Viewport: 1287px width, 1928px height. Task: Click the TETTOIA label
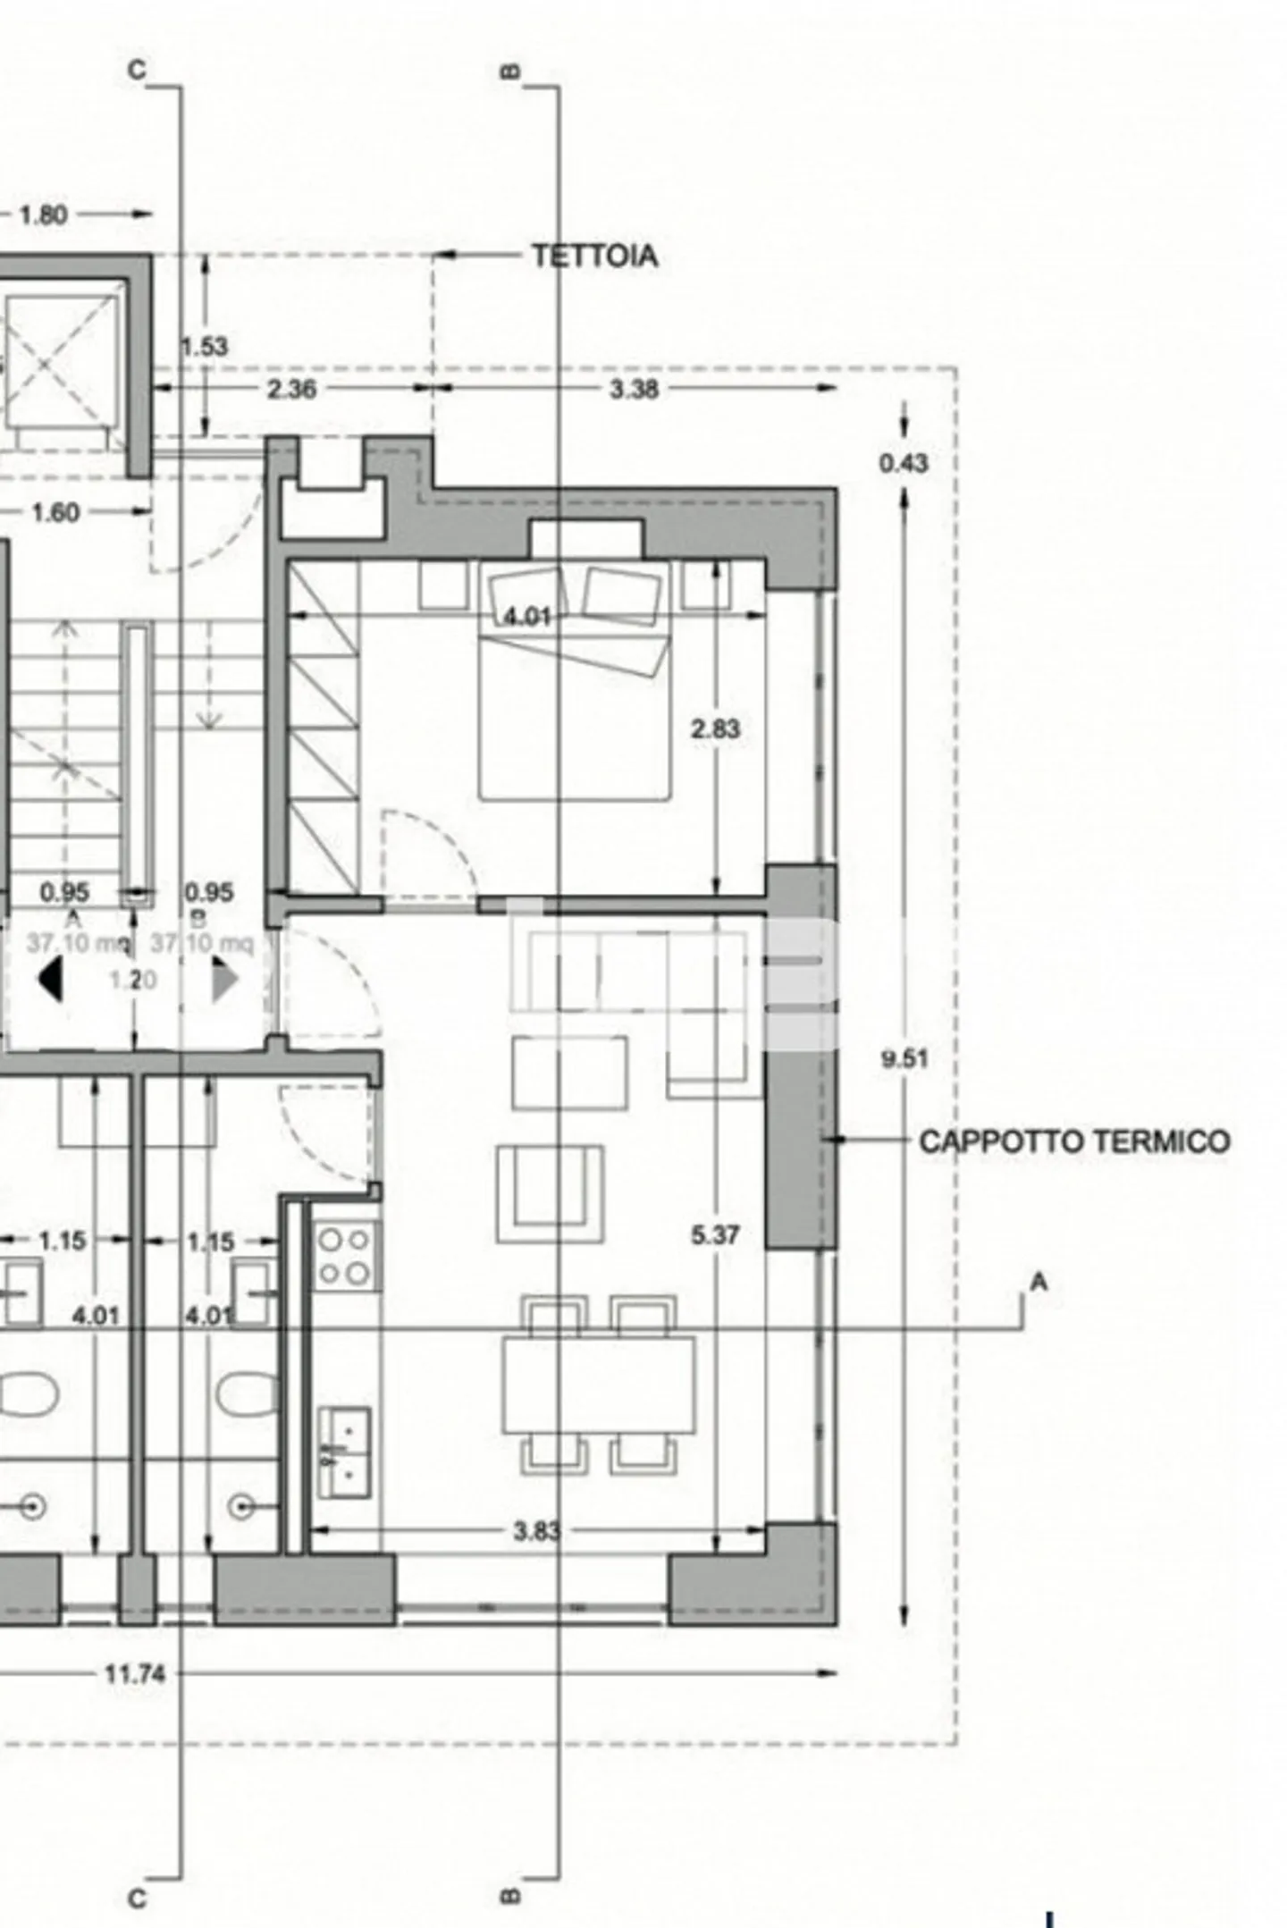(594, 257)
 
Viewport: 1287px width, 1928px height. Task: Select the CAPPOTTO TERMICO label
(1073, 1141)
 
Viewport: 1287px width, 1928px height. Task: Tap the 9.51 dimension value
(904, 1059)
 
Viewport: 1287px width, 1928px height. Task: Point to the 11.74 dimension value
(135, 1673)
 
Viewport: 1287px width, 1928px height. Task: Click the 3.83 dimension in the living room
(536, 1531)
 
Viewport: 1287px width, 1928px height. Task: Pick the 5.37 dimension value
(715, 1235)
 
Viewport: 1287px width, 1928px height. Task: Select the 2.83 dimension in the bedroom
(715, 729)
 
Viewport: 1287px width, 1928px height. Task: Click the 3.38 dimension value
(634, 389)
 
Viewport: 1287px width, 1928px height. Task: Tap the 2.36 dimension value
(291, 389)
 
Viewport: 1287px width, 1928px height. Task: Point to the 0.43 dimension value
(904, 463)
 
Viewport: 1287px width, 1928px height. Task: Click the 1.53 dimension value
(205, 346)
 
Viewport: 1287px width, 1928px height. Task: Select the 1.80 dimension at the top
(43, 215)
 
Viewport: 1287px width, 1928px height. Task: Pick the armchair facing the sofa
(550, 1195)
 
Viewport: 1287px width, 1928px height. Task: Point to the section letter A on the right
(1038, 1283)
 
